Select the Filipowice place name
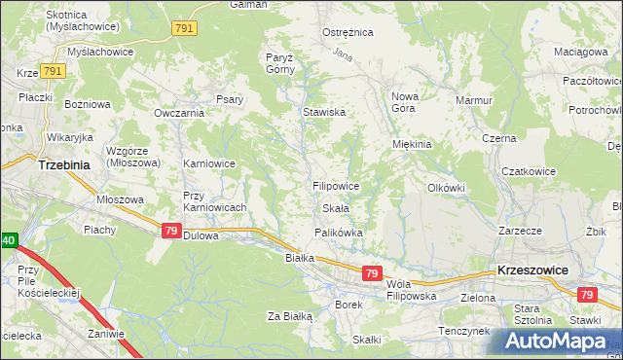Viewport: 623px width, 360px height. (x=336, y=185)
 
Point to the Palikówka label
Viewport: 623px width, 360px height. (x=338, y=233)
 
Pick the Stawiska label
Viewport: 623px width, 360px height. (x=324, y=112)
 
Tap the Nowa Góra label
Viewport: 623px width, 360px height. (x=404, y=103)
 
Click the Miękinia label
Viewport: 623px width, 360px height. (x=411, y=144)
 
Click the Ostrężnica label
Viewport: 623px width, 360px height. (x=348, y=32)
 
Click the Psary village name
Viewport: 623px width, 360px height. (x=230, y=98)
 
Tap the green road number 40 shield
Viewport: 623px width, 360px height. (x=7, y=239)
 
